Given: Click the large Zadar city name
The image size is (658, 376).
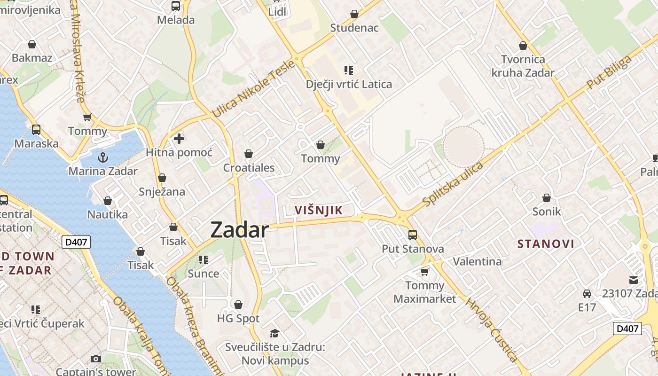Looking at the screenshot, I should pyautogui.click(x=240, y=230).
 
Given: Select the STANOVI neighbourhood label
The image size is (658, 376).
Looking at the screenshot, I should pyautogui.click(x=546, y=243).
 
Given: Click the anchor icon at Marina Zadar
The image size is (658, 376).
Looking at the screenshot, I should pyautogui.click(x=102, y=157).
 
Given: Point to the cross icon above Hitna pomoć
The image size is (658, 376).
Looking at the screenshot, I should pyautogui.click(x=179, y=139).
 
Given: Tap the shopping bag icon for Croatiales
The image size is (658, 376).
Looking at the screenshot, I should pyautogui.click(x=249, y=154).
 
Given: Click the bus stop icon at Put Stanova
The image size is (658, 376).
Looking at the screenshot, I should pyautogui.click(x=413, y=235).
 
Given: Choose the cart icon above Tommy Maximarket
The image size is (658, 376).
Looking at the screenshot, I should pyautogui.click(x=425, y=272).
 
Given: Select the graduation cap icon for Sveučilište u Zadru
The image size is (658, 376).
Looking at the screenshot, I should pyautogui.click(x=275, y=333).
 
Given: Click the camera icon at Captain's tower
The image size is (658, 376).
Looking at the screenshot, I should pyautogui.click(x=96, y=359).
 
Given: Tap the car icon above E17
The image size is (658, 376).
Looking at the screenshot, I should pyautogui.click(x=587, y=294).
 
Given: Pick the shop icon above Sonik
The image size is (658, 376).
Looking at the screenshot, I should pyautogui.click(x=547, y=198).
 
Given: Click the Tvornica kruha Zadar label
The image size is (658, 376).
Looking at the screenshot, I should pyautogui.click(x=523, y=66).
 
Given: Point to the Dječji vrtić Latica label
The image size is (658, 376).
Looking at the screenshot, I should pyautogui.click(x=349, y=85).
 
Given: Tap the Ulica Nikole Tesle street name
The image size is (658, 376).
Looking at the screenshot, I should pyautogui.click(x=253, y=90).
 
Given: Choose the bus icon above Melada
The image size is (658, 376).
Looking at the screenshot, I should pyautogui.click(x=176, y=6).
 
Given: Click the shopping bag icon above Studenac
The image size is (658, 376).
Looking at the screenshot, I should pyautogui.click(x=354, y=14).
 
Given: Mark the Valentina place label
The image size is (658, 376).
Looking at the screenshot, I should pyautogui.click(x=477, y=261).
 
